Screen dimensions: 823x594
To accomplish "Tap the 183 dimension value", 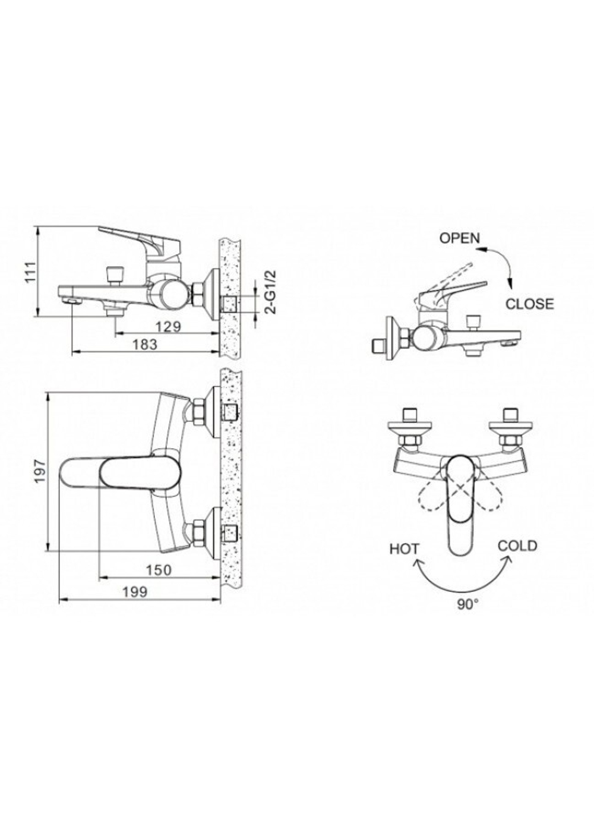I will click(144, 344).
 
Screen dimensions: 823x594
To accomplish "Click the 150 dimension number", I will click(159, 570).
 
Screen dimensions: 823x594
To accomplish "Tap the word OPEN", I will click(459, 238).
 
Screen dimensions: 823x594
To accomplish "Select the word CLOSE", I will click(529, 304).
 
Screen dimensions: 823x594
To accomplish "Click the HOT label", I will click(405, 548).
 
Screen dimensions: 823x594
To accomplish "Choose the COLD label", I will click(517, 545).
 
